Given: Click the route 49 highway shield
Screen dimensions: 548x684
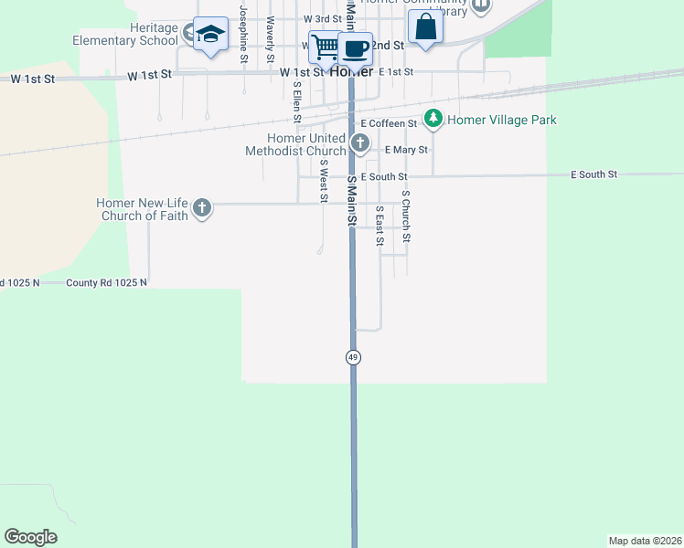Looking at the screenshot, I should click(352, 357).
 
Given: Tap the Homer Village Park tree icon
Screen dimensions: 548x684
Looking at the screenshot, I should click(433, 119).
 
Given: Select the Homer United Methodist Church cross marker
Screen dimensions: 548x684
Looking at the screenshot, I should click(360, 142).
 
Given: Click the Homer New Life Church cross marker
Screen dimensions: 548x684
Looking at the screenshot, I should click(202, 209).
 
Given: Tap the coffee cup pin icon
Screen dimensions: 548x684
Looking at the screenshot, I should click(356, 47).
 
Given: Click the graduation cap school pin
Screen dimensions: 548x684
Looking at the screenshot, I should click(211, 35).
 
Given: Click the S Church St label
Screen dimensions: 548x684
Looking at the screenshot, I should click(406, 216).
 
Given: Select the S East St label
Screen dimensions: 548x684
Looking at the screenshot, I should click(379, 225).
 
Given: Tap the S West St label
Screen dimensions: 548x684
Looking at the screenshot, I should click(323, 180).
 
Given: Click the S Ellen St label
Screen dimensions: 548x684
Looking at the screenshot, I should click(296, 102).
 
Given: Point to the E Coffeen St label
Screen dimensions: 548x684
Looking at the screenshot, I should click(389, 122).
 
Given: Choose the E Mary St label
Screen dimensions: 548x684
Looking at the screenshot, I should click(406, 149).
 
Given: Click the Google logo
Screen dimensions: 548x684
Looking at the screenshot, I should click(30, 537).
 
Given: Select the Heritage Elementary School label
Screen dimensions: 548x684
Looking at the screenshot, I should click(128, 35).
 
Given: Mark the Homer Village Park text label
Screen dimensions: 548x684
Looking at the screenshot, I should click(502, 120).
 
